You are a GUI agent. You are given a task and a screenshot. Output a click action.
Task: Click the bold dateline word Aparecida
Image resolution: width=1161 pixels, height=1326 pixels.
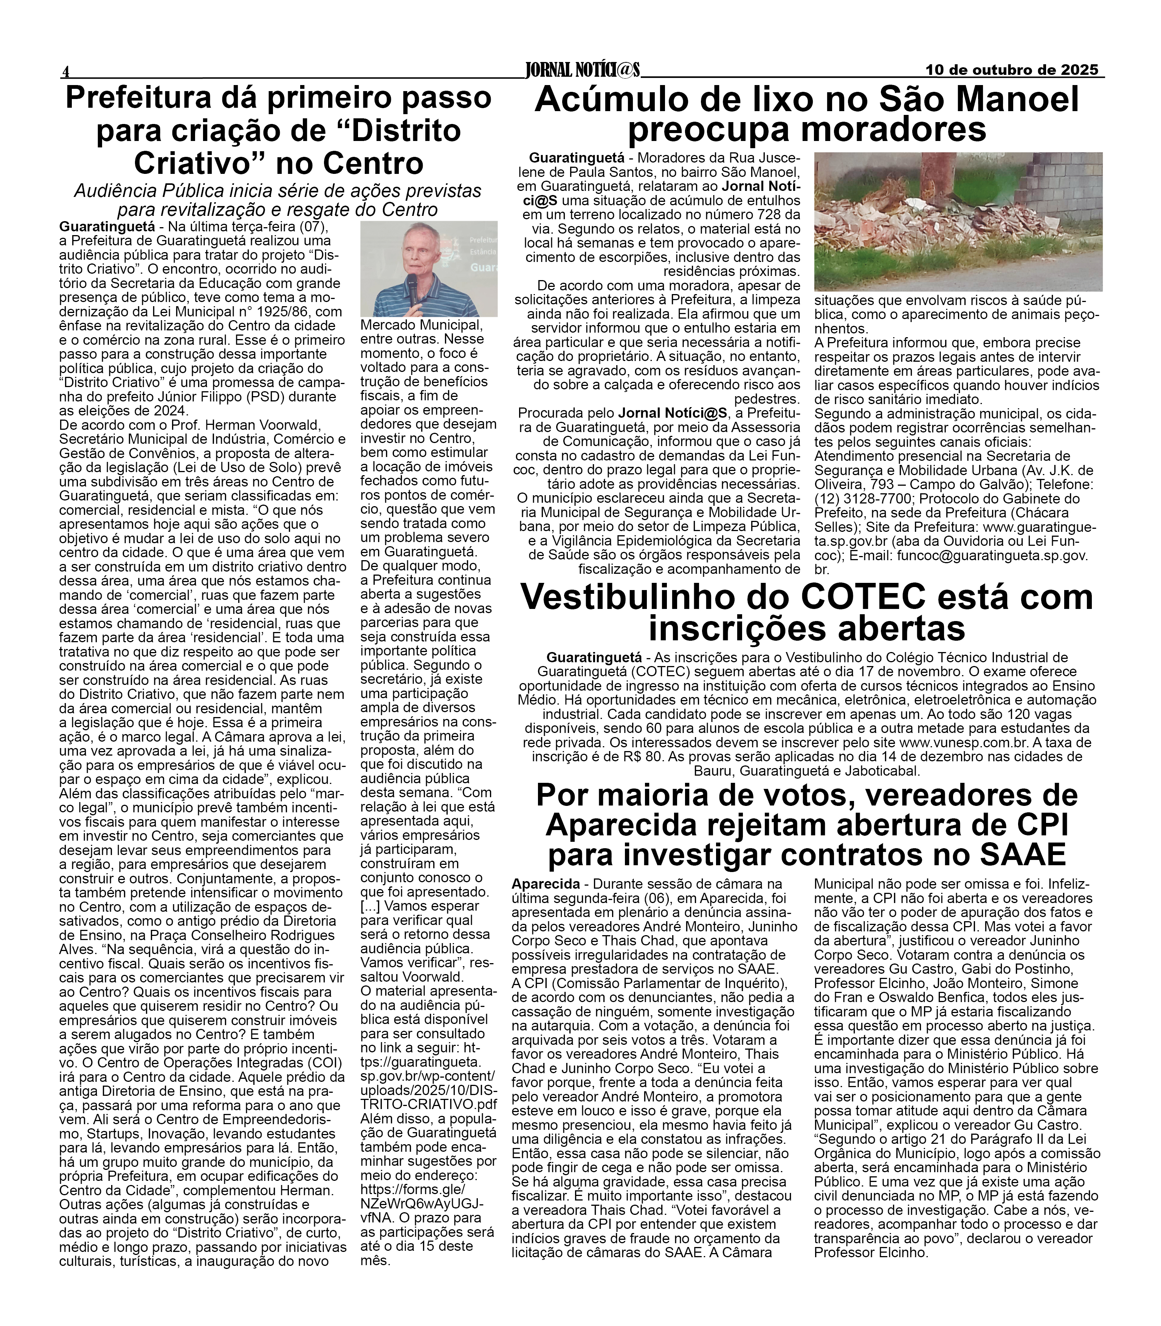tap(546, 884)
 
